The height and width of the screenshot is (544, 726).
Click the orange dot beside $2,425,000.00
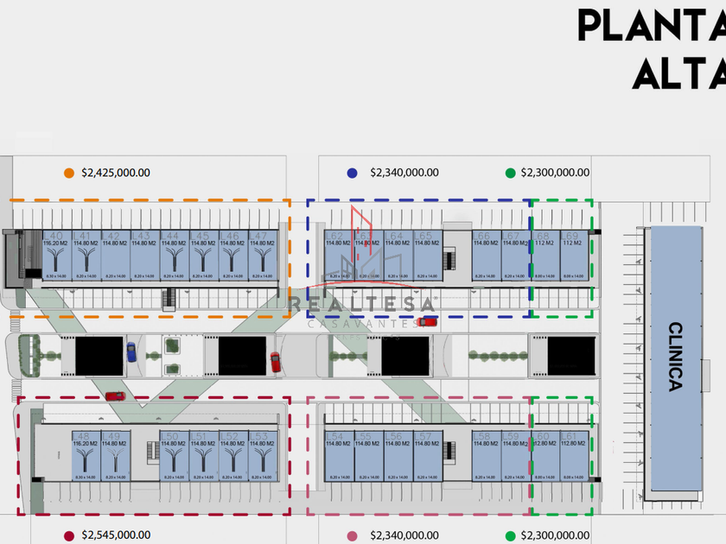click(x=69, y=173)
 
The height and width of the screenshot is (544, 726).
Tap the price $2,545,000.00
click(x=115, y=535)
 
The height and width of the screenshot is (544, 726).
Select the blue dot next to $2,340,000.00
click(x=352, y=173)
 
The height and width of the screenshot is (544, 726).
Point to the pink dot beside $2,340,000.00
click(x=352, y=535)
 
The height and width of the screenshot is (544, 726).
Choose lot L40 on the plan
click(x=54, y=256)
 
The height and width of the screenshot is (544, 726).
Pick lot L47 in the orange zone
click(x=261, y=256)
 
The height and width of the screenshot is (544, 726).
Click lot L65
click(x=426, y=256)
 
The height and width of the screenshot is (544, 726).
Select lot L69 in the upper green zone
click(x=572, y=256)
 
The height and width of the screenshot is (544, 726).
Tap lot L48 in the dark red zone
click(x=85, y=456)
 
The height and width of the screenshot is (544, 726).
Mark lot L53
click(x=261, y=456)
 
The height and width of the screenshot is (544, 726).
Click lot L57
click(x=426, y=456)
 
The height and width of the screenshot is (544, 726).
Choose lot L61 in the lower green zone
click(x=572, y=456)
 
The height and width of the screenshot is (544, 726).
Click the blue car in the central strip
click(x=131, y=351)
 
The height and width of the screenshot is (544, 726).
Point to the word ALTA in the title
click(x=678, y=74)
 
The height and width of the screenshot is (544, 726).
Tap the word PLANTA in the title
click(x=652, y=25)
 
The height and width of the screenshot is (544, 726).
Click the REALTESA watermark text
click(x=363, y=304)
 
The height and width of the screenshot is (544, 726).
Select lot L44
click(x=172, y=256)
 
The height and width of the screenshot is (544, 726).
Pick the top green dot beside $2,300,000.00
click(x=510, y=173)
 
